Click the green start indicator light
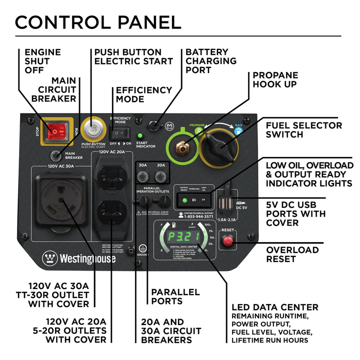pyautogui.click(x=140, y=135)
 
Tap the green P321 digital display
pyautogui.click(x=183, y=236)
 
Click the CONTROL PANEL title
pyautogui.click(x=98, y=21)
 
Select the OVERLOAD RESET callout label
pyautogui.click(x=292, y=254)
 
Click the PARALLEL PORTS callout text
pyautogui.click(x=175, y=296)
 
